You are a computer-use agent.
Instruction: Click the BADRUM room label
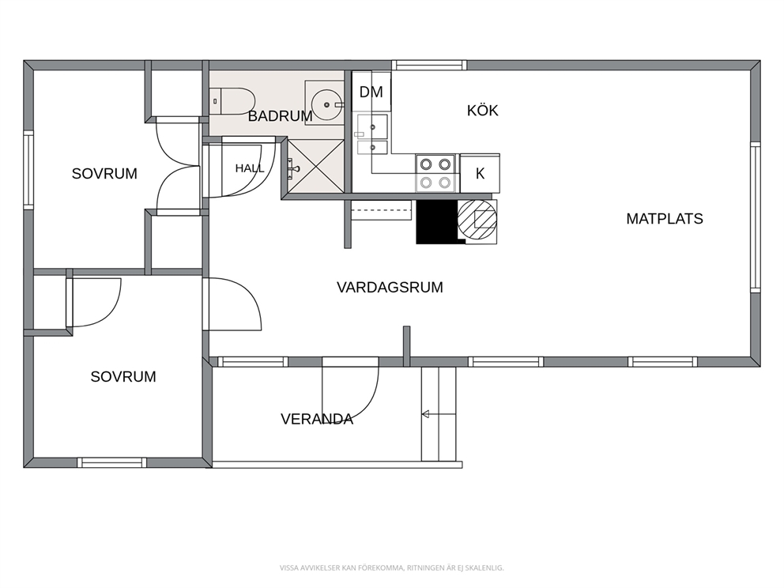pyautogui.click(x=280, y=116)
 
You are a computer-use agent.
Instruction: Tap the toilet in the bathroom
pyautogui.click(x=232, y=101)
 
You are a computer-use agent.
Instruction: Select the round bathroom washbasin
pyautogui.click(x=326, y=104)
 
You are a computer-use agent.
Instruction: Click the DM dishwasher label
pyautogui.click(x=371, y=92)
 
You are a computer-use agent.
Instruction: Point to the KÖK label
pyautogui.click(x=483, y=111)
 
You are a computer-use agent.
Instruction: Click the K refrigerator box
pyautogui.click(x=480, y=174)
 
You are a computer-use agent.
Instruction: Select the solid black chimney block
pyautogui.click(x=437, y=222)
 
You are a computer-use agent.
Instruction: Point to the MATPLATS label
pyautogui.click(x=665, y=219)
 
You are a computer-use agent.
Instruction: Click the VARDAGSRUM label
pyautogui.click(x=390, y=288)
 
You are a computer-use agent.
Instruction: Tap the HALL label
pyautogui.click(x=250, y=168)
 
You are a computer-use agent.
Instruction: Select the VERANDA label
pyautogui.click(x=317, y=419)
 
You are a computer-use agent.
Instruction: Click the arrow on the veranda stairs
pyautogui.click(x=439, y=414)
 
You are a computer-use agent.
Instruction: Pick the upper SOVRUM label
pyautogui.click(x=104, y=174)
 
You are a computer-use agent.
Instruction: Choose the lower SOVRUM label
pyautogui.click(x=123, y=376)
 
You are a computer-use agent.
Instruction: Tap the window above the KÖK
pyautogui.click(x=429, y=65)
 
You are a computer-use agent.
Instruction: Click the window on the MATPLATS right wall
pyautogui.click(x=756, y=217)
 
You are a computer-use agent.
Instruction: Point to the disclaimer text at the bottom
pyautogui.click(x=391, y=568)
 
